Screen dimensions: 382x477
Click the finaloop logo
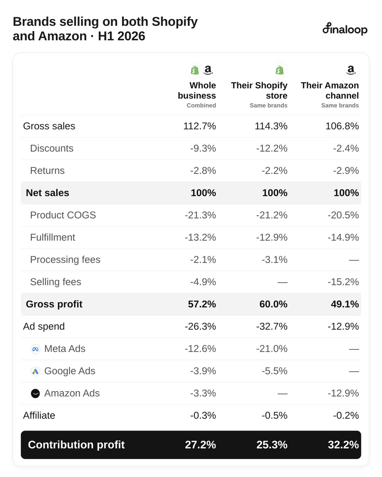click(345, 29)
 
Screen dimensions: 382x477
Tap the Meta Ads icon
click(35, 349)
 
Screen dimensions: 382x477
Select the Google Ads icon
click(35, 372)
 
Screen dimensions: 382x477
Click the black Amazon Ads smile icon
click(35, 394)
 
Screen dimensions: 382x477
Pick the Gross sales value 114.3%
click(271, 126)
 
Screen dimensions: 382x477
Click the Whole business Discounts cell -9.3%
click(203, 148)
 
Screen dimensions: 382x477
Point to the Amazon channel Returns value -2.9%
click(346, 171)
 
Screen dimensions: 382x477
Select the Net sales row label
click(47, 193)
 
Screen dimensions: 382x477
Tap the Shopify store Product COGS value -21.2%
click(272, 215)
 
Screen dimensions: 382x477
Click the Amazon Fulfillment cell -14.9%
click(343, 237)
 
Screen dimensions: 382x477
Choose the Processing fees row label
click(65, 260)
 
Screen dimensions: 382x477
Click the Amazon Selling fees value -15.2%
click(343, 282)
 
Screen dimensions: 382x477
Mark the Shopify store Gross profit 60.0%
click(273, 304)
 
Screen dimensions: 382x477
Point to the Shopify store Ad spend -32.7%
click(272, 326)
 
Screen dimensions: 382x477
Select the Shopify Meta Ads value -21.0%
click(272, 349)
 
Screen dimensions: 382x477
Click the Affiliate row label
click(39, 415)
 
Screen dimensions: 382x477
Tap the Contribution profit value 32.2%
click(343, 445)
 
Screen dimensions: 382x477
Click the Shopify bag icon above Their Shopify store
click(279, 70)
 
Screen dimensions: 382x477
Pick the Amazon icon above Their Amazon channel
click(351, 70)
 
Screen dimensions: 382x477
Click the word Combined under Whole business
click(201, 105)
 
